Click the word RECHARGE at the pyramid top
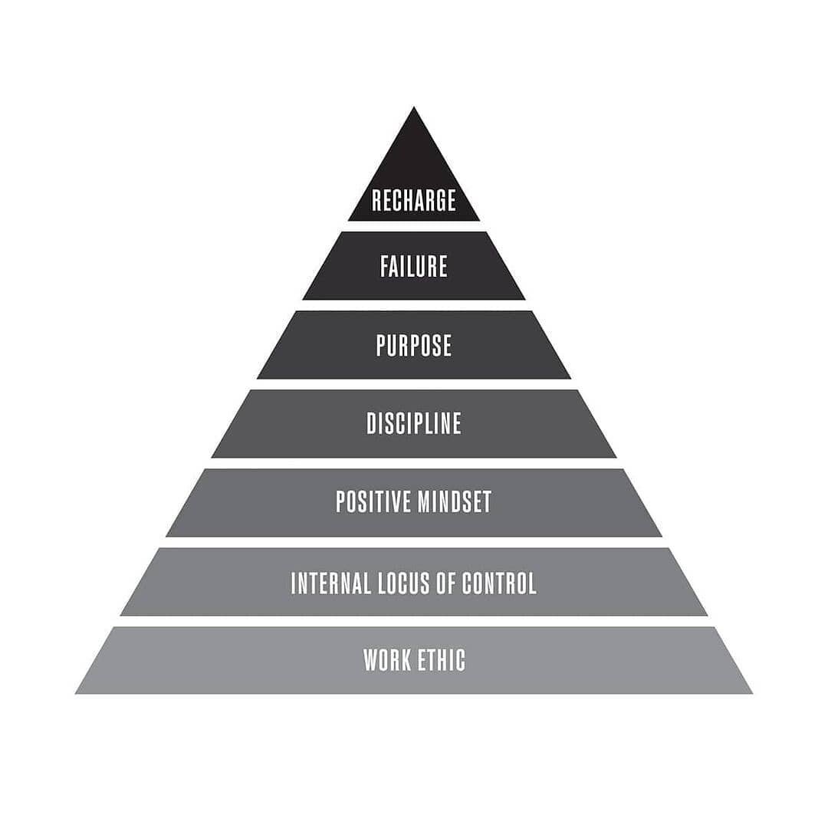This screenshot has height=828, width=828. (414, 200)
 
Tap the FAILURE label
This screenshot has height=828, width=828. (414, 266)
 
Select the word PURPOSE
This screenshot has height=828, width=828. (414, 345)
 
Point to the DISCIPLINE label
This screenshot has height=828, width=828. (414, 423)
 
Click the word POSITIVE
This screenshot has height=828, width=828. (374, 501)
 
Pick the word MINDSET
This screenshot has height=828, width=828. (455, 501)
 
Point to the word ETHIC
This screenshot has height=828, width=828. (442, 660)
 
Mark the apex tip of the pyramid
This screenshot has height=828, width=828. (414, 108)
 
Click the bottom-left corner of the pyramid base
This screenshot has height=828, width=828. (77, 693)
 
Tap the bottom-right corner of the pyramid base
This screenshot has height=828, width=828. (751, 693)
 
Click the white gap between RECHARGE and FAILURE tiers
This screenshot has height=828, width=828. (414, 226)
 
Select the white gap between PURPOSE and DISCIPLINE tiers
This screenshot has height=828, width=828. (414, 384)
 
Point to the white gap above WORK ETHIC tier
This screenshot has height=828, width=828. (414, 621)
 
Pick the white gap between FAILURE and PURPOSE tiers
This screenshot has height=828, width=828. (414, 305)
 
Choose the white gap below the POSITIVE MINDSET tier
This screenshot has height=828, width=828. (414, 542)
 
